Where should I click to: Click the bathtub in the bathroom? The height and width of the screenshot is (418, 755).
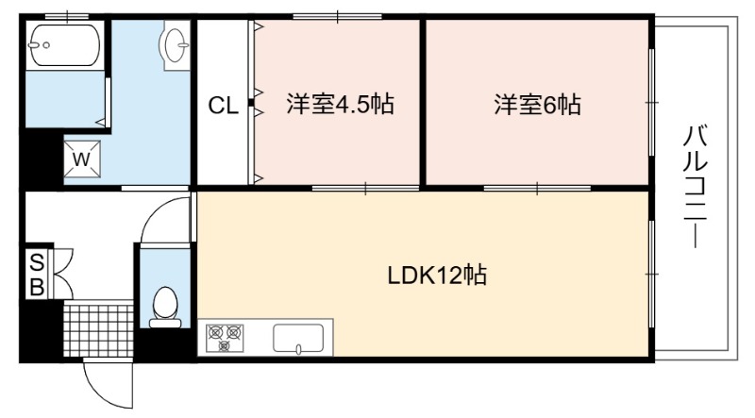[x=64, y=44]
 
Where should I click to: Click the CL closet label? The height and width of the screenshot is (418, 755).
[x=223, y=106]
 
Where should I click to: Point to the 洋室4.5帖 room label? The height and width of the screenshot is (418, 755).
[x=340, y=105]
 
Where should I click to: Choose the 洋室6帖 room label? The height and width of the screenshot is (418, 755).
[x=536, y=105]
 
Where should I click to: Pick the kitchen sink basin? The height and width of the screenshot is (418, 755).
[x=298, y=337]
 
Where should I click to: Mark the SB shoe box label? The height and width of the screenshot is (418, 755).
[x=35, y=275]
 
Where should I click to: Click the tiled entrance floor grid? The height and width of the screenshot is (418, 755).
[x=99, y=329]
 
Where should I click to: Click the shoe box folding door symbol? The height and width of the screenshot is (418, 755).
[x=62, y=274]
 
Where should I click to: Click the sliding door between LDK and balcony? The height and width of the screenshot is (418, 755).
[x=652, y=274]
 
